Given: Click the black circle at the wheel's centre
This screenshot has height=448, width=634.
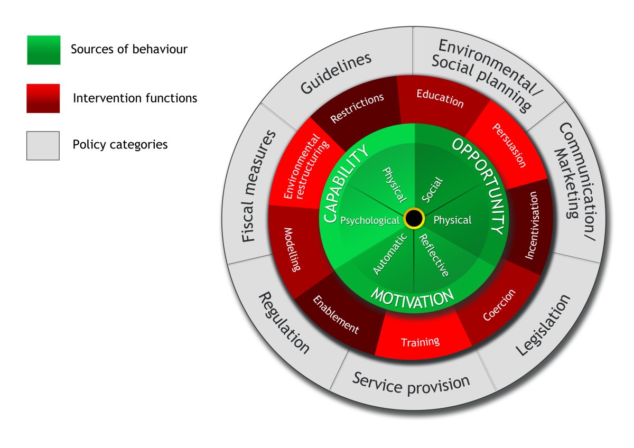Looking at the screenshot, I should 414,219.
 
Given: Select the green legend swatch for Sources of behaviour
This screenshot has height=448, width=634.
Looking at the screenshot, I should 43,50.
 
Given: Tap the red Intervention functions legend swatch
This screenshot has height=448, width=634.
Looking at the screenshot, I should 43,98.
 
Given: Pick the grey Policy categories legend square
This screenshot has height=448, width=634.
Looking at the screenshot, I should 43,145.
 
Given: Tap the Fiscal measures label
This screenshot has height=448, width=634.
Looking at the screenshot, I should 258,185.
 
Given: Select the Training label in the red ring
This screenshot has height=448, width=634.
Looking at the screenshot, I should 420,342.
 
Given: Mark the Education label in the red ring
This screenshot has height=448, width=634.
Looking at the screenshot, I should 440,98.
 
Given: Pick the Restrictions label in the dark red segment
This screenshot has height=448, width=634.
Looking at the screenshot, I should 357,108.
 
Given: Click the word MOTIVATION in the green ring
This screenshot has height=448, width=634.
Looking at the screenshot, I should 412,298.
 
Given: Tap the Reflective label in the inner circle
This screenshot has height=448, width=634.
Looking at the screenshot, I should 434,255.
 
